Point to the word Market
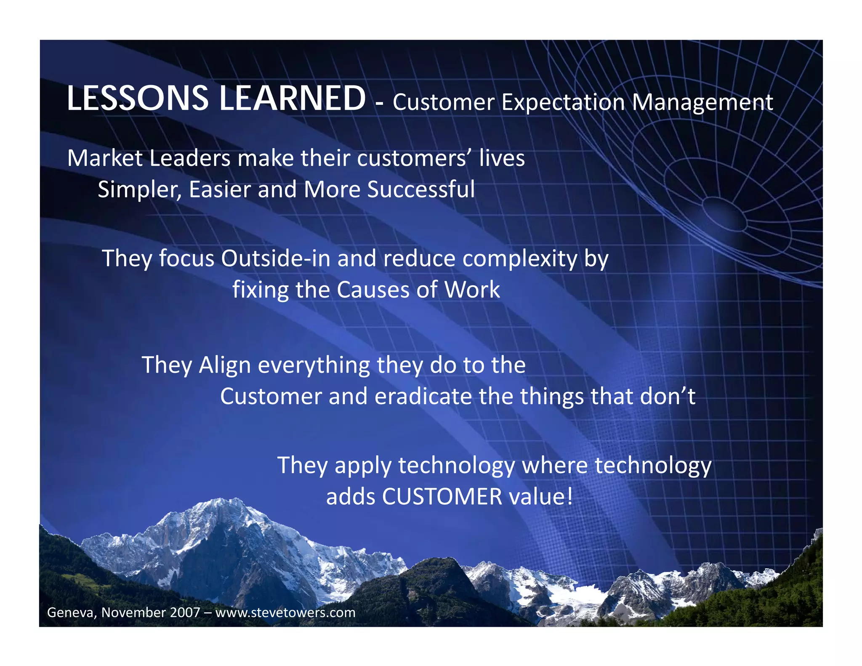(x=105, y=158)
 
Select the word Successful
(x=421, y=189)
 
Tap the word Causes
(x=373, y=290)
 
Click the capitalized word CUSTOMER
(x=442, y=496)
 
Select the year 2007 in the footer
(x=185, y=612)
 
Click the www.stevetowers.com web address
(x=285, y=612)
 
